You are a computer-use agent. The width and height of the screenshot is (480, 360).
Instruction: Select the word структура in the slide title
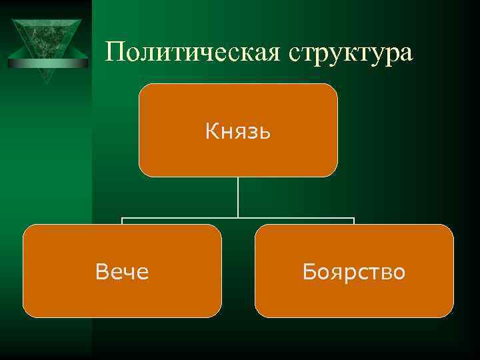click(x=351, y=54)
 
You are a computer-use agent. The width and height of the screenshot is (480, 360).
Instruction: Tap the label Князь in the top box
click(x=237, y=131)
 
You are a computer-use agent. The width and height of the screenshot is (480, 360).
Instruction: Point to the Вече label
click(x=122, y=271)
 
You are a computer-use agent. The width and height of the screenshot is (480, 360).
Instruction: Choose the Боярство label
click(x=353, y=271)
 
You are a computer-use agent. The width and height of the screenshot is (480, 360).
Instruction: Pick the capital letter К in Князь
click(x=211, y=131)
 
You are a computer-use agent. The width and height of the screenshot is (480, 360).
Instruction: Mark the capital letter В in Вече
click(x=101, y=271)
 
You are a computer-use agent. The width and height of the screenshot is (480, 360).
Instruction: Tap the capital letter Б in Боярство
click(x=309, y=271)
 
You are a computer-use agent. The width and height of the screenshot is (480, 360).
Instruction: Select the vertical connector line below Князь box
click(x=238, y=197)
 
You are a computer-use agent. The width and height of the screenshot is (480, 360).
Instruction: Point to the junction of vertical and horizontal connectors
click(x=238, y=217)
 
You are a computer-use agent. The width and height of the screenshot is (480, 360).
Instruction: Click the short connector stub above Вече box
click(x=122, y=221)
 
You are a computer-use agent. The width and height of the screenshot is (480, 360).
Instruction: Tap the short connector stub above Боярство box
click(x=354, y=221)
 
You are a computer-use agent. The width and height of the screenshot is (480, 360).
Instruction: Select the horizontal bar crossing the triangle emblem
click(x=47, y=63)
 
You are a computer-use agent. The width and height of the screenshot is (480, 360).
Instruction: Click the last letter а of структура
click(x=405, y=55)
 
